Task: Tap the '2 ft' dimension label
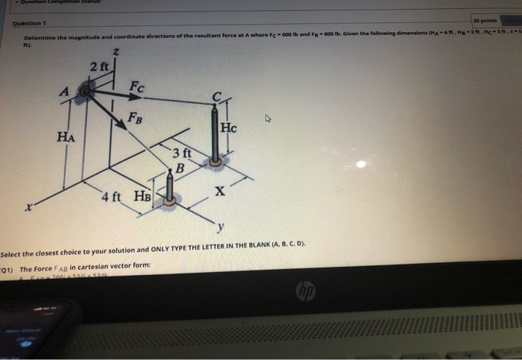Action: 99,68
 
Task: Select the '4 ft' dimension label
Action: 112,197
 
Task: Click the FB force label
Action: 135,116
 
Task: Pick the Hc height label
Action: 228,127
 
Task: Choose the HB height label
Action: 142,197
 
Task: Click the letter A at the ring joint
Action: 65,90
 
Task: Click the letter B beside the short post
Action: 177,167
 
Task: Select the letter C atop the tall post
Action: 216,95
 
